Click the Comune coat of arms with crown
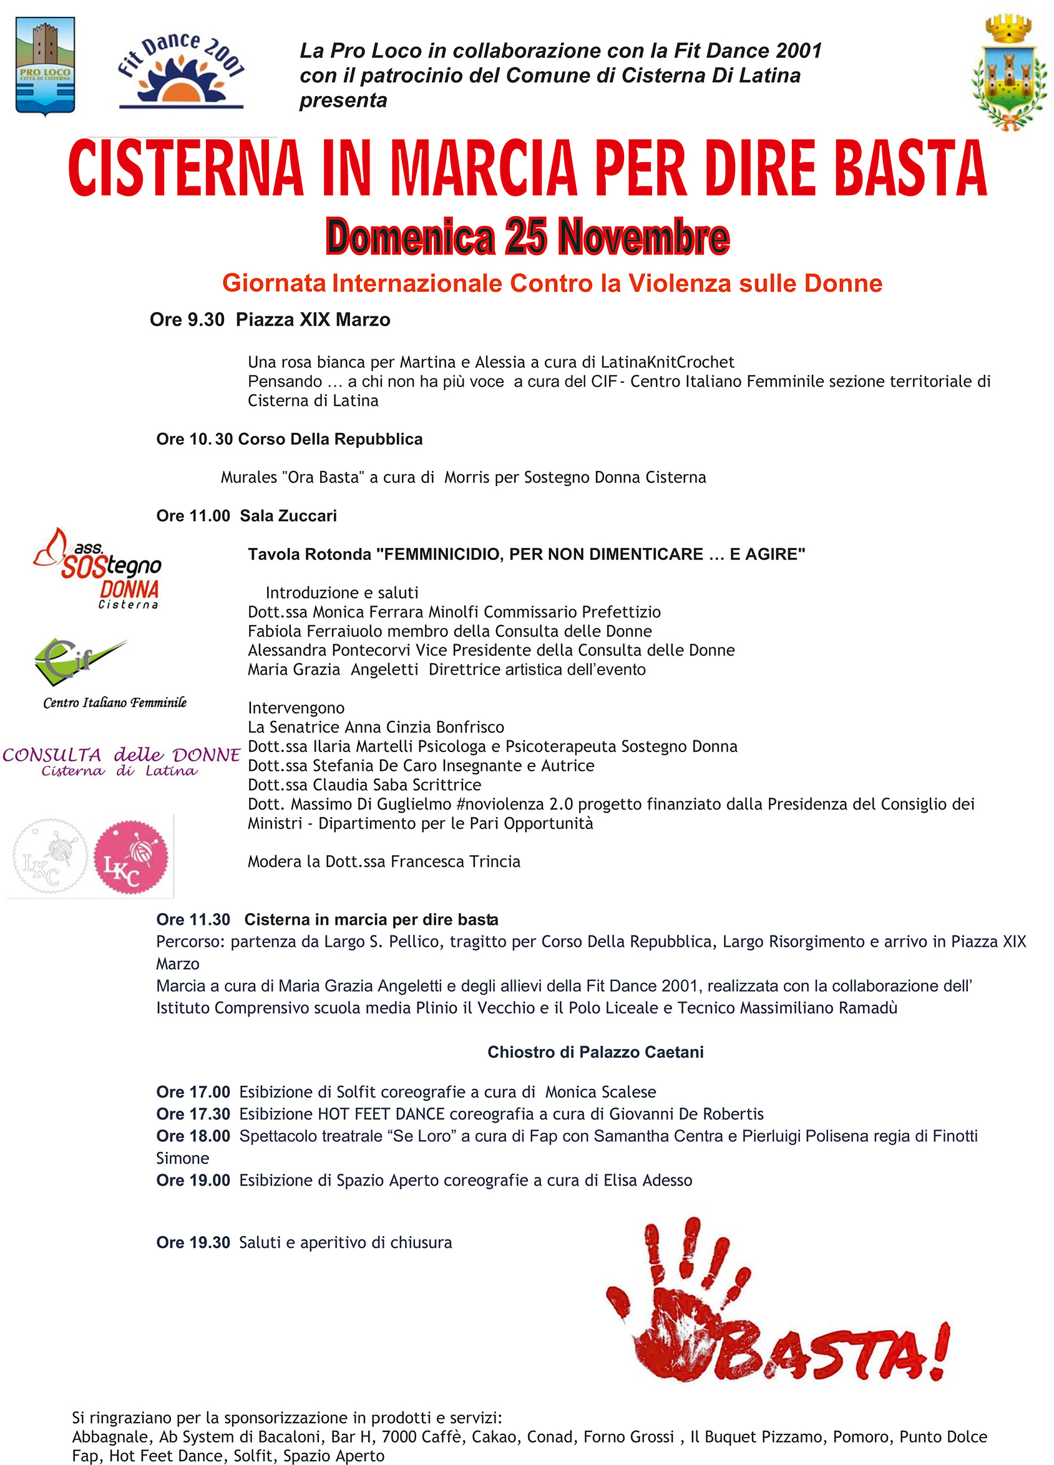(x=1009, y=72)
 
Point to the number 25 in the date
(x=526, y=236)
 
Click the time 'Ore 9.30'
(x=187, y=320)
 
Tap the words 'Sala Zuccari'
(x=288, y=515)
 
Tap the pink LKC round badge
(x=131, y=858)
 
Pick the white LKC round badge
(x=50, y=856)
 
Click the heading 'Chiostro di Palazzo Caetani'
(x=595, y=1052)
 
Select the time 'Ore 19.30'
(x=193, y=1242)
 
